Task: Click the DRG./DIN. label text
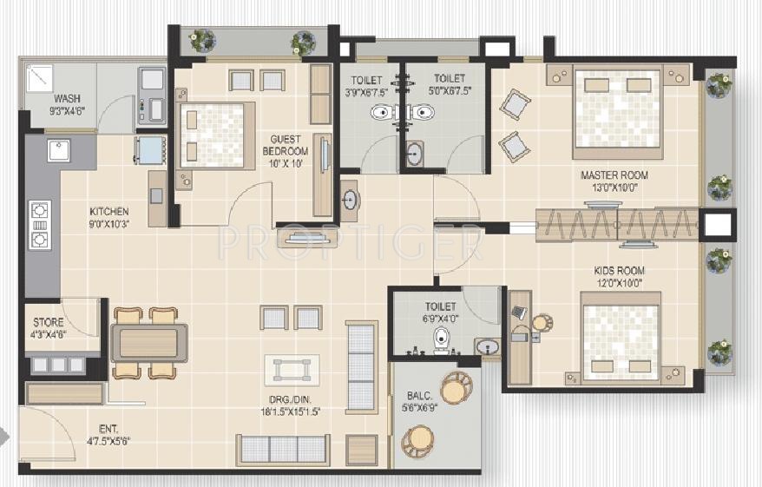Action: click(x=297, y=406)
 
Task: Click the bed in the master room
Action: click(x=618, y=114)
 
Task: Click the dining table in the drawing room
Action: click(x=148, y=342)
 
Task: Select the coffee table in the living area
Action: click(x=292, y=369)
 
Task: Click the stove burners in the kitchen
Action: click(x=40, y=225)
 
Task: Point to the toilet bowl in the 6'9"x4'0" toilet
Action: click(x=441, y=339)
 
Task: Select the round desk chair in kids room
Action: click(x=542, y=323)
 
